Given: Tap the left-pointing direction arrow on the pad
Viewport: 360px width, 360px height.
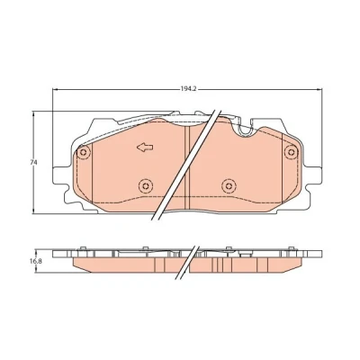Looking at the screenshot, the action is tap(145, 147).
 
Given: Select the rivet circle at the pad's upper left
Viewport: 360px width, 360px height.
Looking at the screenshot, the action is tap(84, 152).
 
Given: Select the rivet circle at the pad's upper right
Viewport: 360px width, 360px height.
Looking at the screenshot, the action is tap(291, 151).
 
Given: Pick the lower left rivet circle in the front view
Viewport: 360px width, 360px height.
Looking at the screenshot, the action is tap(146, 186).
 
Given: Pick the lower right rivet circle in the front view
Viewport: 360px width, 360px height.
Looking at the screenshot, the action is tap(229, 186).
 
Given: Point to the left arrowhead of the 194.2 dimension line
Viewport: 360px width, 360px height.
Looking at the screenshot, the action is tap(55, 89).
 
